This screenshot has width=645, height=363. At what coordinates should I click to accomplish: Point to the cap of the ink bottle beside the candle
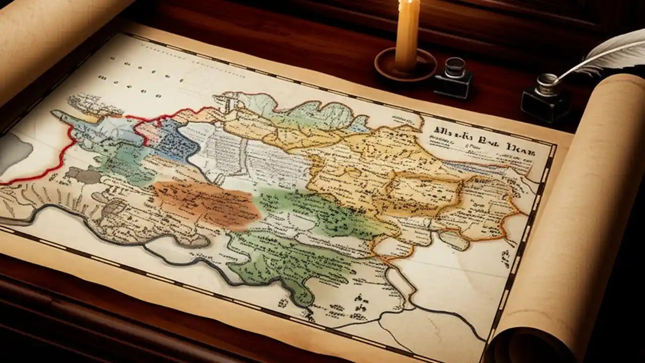coord(455,66)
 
